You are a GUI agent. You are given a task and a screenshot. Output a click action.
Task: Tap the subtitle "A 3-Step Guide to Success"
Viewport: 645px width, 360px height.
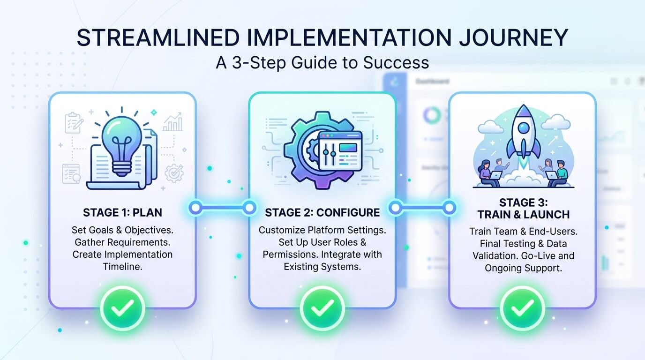point(322,62)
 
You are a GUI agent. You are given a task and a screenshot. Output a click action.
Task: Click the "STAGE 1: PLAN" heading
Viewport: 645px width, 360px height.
point(122,212)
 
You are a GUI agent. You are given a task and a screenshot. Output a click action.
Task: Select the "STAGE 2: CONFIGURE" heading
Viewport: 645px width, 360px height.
point(322,212)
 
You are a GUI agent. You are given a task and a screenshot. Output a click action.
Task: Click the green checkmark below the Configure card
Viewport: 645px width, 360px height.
point(322,308)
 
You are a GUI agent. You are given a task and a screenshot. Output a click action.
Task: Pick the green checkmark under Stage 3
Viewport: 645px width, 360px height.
point(523,308)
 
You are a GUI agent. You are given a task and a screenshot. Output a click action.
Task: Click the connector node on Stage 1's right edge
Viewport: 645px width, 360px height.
point(195,207)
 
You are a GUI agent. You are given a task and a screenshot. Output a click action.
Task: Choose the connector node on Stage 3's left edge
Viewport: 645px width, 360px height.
point(449,207)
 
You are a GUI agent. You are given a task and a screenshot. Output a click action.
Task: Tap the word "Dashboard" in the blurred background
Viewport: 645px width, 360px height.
point(432,81)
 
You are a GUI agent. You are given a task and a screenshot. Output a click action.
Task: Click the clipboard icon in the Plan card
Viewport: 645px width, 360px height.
point(74,123)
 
